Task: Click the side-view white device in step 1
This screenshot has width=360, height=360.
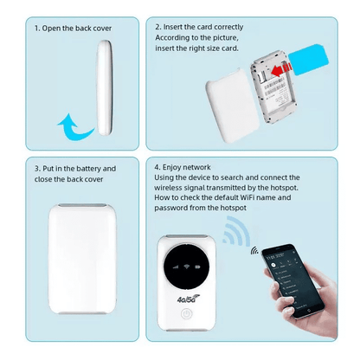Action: (x=103, y=91)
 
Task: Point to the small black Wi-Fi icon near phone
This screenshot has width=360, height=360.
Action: (x=254, y=252)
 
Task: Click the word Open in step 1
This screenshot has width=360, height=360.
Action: (x=57, y=28)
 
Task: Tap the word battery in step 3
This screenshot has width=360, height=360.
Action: (x=98, y=169)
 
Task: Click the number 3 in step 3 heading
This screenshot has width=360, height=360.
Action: (x=37, y=169)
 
